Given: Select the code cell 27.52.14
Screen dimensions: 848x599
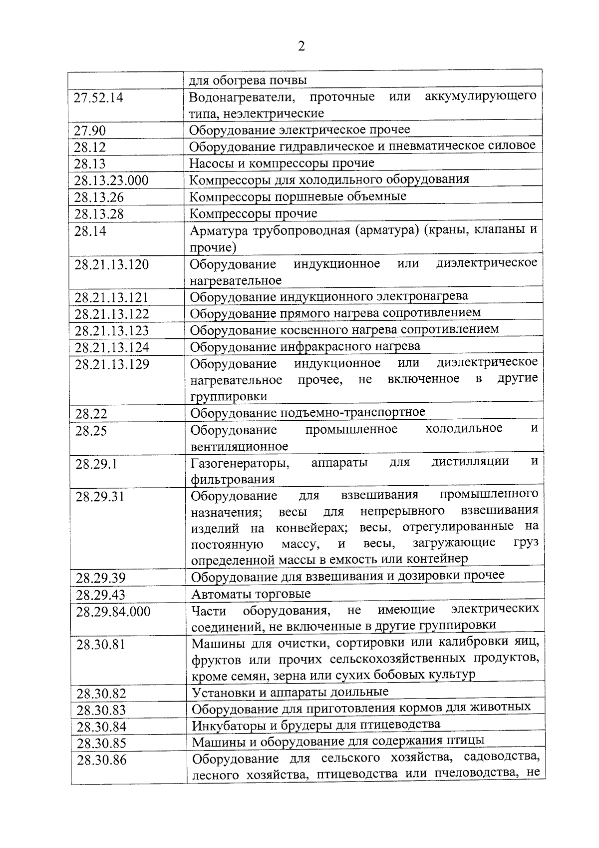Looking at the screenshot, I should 98,98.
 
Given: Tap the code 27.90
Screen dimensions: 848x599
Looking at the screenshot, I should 90,131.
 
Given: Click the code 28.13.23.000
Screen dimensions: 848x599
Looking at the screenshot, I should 111,181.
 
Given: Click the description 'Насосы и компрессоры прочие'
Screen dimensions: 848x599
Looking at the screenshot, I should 282,163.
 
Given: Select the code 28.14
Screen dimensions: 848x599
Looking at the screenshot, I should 90,231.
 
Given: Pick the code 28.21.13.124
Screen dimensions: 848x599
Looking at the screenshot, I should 112,347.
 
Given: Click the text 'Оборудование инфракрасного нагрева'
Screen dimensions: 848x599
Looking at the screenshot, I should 305,346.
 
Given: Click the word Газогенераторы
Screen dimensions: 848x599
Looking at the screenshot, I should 240,463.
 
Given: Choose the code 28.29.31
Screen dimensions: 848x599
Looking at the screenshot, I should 100,497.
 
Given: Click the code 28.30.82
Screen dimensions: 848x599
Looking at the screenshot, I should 101,694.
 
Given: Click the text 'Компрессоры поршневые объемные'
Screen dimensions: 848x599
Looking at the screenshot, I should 298,197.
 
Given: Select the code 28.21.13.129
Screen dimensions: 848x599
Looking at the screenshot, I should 112,364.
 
